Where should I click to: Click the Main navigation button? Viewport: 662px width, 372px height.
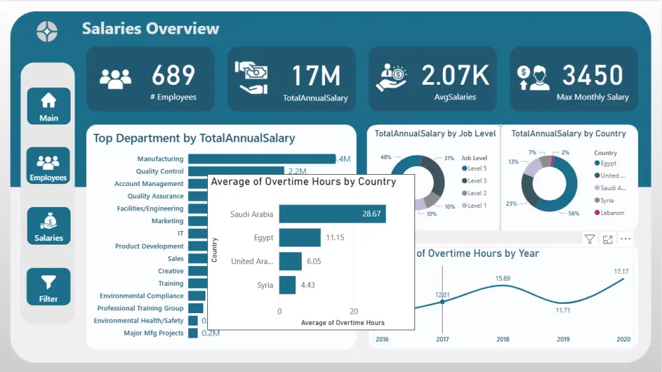click(x=48, y=106)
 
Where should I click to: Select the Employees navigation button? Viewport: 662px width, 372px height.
click(x=48, y=165)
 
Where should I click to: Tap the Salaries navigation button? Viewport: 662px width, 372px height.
click(x=48, y=226)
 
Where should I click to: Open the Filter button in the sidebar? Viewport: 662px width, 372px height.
click(x=48, y=287)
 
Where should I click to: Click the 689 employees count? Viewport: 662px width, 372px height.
click(x=173, y=75)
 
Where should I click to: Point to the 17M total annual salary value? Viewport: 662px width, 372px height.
click(x=316, y=75)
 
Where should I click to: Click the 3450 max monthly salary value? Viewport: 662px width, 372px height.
click(x=592, y=75)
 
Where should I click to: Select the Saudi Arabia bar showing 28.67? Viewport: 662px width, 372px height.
click(x=332, y=214)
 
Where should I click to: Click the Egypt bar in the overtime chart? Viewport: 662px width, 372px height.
click(x=299, y=237)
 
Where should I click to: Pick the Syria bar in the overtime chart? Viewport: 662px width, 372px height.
click(x=287, y=285)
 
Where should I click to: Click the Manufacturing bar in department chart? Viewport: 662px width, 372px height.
click(x=261, y=159)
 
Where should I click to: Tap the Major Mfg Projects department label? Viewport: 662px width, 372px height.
click(x=154, y=333)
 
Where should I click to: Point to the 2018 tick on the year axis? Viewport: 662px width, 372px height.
click(x=502, y=340)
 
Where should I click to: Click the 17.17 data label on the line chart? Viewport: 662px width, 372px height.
click(x=620, y=271)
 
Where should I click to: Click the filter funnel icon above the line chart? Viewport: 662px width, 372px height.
click(x=589, y=239)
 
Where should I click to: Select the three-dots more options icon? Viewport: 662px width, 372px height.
click(x=625, y=239)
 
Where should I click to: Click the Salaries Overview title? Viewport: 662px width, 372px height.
click(x=150, y=28)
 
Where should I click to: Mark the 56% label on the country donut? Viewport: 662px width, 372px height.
click(x=574, y=214)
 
